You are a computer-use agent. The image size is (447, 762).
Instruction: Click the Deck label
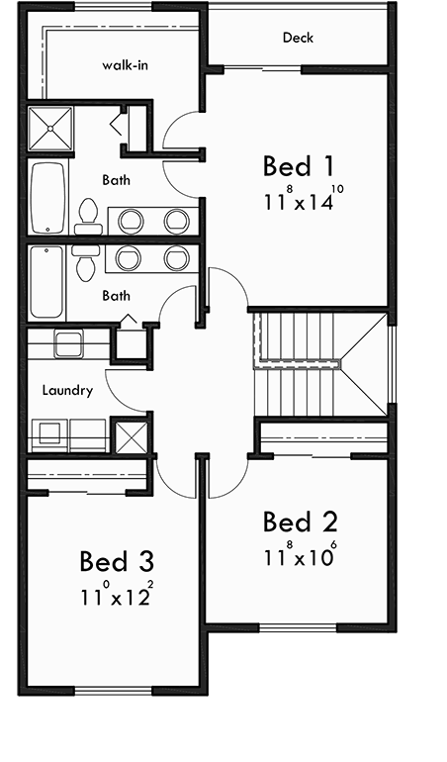tap(298, 38)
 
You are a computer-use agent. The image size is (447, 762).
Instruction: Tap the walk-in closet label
tap(125, 66)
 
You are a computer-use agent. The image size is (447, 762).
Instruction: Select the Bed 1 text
tap(297, 164)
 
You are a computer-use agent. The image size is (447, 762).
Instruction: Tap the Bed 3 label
tap(117, 562)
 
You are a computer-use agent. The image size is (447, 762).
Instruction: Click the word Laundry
tap(67, 390)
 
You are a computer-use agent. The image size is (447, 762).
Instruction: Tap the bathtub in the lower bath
tap(46, 282)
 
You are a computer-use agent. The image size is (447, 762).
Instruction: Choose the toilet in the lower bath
tap(86, 261)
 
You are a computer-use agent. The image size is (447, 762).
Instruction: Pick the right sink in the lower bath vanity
tap(176, 258)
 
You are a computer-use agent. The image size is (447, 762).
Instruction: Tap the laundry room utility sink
tap(68, 344)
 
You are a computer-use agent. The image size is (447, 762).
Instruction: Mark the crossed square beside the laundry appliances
tap(131, 435)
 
